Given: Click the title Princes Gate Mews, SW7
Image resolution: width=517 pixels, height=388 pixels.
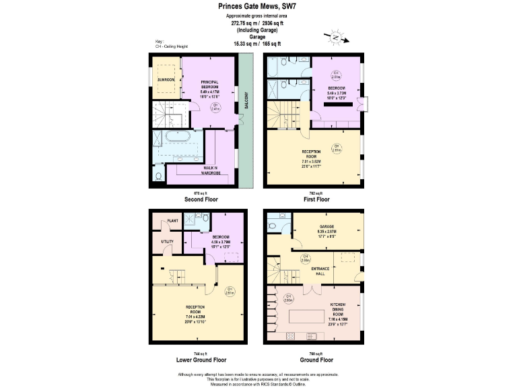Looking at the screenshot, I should [x=258, y=6].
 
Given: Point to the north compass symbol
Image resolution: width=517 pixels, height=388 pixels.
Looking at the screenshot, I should [x=334, y=37].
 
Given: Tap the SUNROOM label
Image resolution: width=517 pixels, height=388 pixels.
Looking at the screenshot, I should [x=166, y=79].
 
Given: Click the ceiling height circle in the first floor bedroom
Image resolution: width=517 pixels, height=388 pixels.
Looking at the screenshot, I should [x=335, y=75].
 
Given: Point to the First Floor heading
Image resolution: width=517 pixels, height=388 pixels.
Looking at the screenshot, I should [x=314, y=199].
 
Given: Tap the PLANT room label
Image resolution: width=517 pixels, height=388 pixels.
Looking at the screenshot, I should [x=172, y=220].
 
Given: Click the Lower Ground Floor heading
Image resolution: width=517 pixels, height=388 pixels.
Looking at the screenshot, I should [x=202, y=360].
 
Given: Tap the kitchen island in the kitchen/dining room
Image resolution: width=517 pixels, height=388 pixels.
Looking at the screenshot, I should [x=312, y=317].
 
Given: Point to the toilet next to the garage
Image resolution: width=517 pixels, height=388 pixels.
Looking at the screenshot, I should [x=273, y=226].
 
